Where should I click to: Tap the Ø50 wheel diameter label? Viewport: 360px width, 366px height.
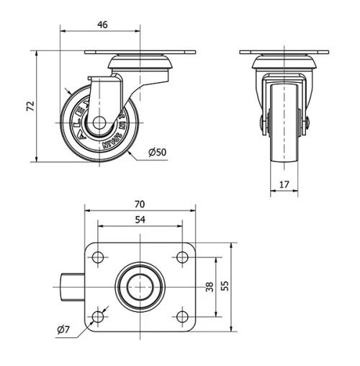point(157,152)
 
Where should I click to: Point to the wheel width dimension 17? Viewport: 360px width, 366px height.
point(284,184)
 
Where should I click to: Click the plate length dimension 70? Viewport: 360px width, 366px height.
point(140,204)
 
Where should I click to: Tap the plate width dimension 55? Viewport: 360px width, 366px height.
point(225,287)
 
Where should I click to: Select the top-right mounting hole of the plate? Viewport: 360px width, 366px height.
point(182,257)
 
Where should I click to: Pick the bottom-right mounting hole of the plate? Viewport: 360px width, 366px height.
point(182,316)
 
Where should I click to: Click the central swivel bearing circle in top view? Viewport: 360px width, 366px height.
point(140,287)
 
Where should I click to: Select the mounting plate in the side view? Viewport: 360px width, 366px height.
point(141,53)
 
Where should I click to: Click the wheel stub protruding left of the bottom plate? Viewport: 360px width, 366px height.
point(71,287)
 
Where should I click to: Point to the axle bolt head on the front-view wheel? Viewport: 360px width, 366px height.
point(307,124)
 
